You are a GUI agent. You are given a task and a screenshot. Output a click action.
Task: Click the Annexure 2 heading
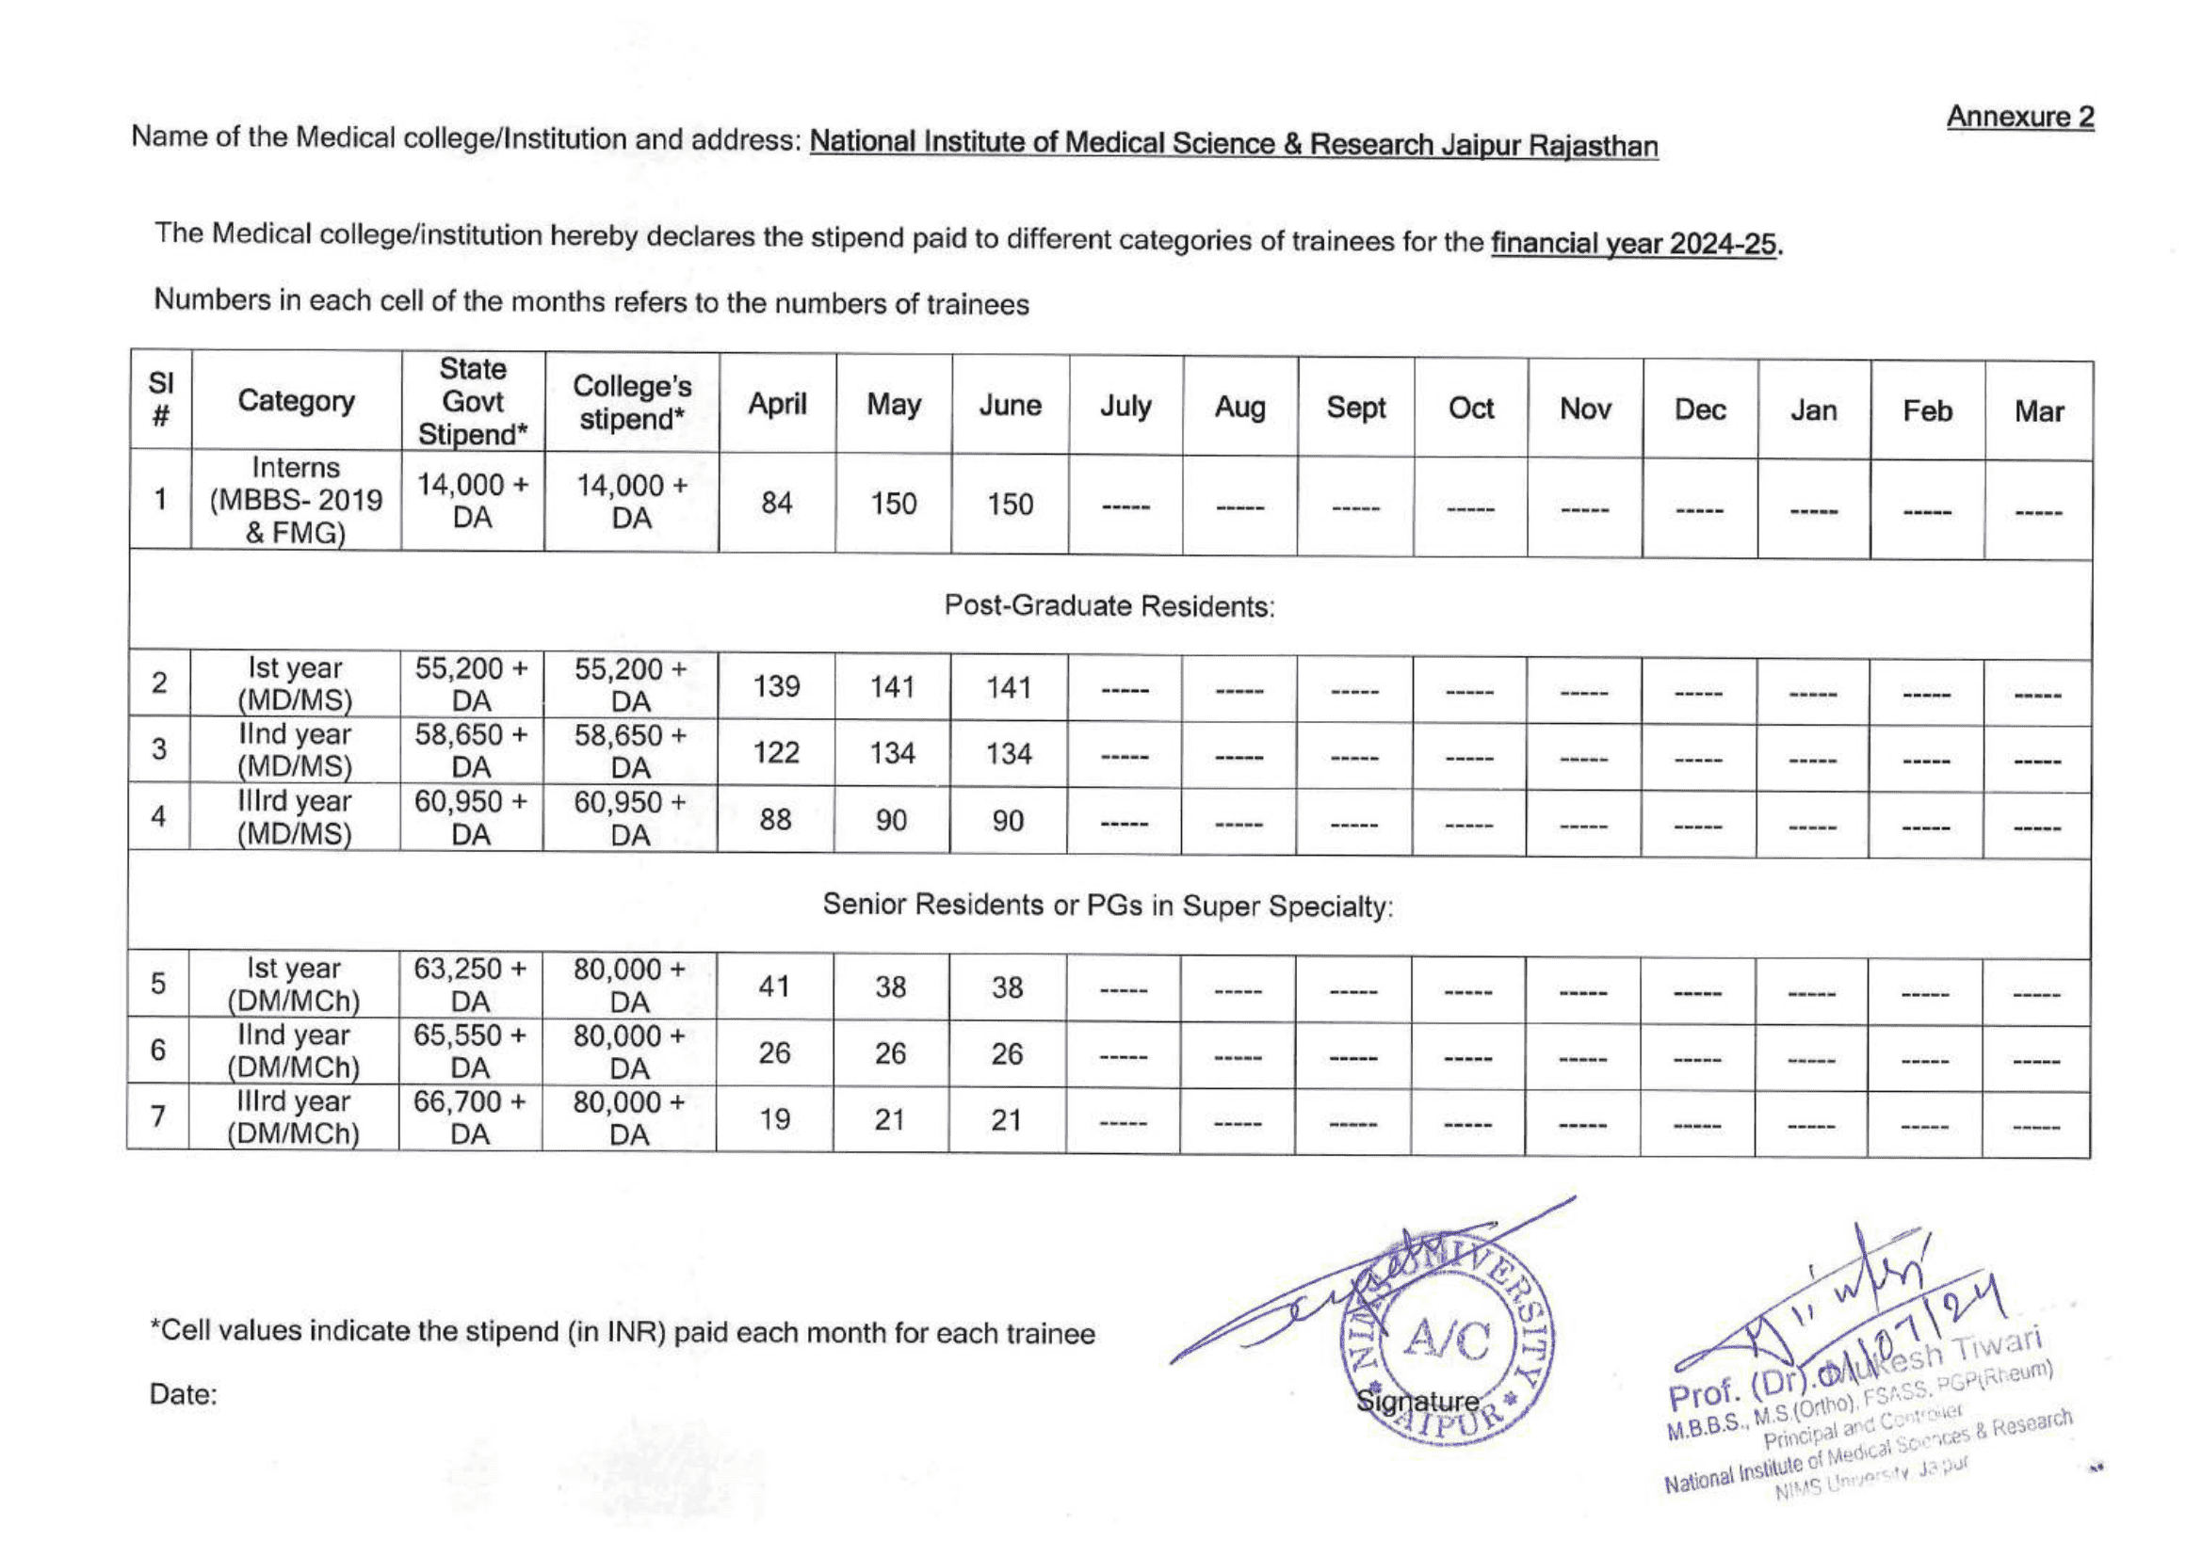[x=2019, y=117]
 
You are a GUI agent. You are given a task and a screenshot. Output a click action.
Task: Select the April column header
[x=777, y=405]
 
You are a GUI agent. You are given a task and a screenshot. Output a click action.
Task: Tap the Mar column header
[x=2038, y=411]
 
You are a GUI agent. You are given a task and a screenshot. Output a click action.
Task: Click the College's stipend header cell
[x=631, y=403]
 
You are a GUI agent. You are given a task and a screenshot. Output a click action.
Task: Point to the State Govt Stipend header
[x=473, y=402]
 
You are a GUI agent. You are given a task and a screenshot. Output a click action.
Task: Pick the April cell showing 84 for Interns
[x=776, y=504]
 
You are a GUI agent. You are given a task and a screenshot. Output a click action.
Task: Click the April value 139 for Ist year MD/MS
[x=775, y=686]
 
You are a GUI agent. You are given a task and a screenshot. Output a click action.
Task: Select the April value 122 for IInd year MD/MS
[x=775, y=753]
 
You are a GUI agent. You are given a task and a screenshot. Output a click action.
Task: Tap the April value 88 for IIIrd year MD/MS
[x=775, y=820]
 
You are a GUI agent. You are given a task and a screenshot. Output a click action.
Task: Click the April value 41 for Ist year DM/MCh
[x=774, y=987]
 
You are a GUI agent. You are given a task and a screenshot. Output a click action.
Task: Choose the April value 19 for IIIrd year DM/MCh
[x=774, y=1119]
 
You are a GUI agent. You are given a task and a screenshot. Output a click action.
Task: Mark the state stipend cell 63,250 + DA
[x=470, y=985]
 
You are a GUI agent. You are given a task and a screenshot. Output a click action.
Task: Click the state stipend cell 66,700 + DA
[x=470, y=1117]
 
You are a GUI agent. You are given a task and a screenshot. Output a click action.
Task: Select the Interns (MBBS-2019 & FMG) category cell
[x=296, y=501]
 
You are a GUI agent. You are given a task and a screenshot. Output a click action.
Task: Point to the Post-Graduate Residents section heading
[x=1109, y=606]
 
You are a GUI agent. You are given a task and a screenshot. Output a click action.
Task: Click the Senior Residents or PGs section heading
[x=1108, y=905]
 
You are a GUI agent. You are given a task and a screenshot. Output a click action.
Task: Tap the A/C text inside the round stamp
[x=1448, y=1340]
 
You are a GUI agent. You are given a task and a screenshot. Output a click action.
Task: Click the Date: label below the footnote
[x=183, y=1394]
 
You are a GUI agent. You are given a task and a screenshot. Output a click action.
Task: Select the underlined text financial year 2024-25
[x=1633, y=244]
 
